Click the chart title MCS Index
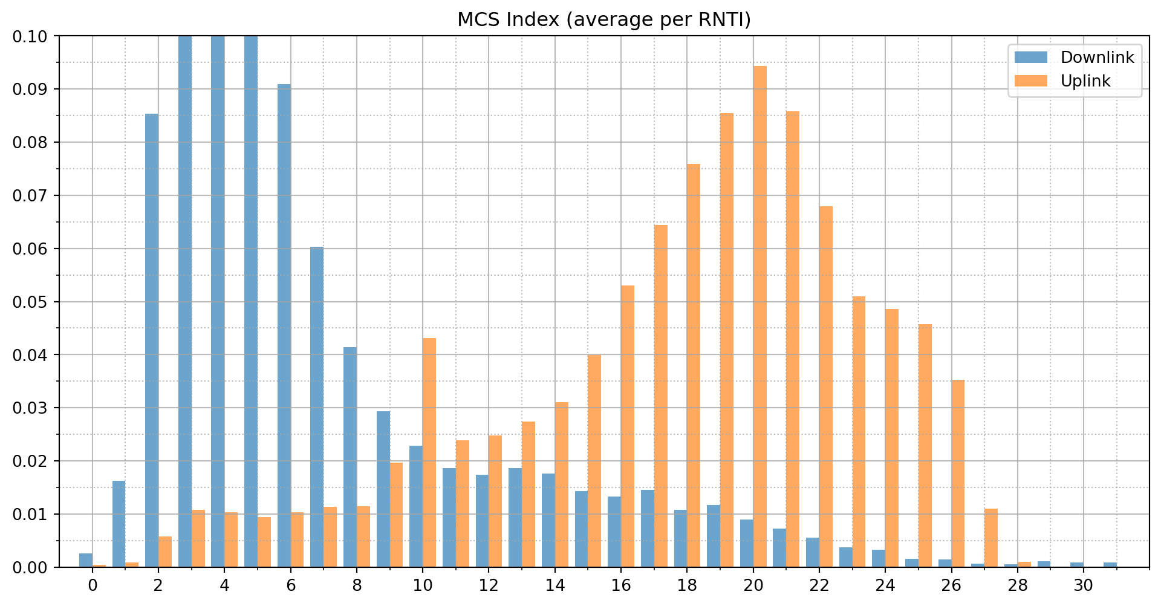(603, 20)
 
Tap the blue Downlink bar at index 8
(350, 457)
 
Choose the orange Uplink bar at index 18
(694, 365)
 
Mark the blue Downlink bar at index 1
(119, 524)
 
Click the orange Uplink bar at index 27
(991, 538)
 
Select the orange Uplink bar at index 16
(628, 426)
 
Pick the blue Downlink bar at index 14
(548, 520)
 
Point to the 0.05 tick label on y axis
(30, 302)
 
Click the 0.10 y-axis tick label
(30, 37)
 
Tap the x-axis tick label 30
(1084, 585)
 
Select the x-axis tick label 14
(555, 585)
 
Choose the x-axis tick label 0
(93, 585)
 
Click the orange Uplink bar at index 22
(826, 386)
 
